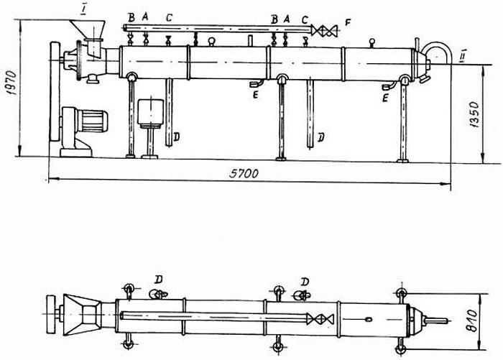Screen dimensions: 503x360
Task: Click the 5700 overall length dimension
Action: [244, 174]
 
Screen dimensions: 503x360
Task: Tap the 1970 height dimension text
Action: [11, 83]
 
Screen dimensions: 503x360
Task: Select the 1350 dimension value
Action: [474, 115]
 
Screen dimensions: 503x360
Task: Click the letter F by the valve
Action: [348, 22]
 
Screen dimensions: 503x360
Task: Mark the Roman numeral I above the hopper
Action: [83, 11]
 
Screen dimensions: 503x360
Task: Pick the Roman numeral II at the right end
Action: [462, 57]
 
